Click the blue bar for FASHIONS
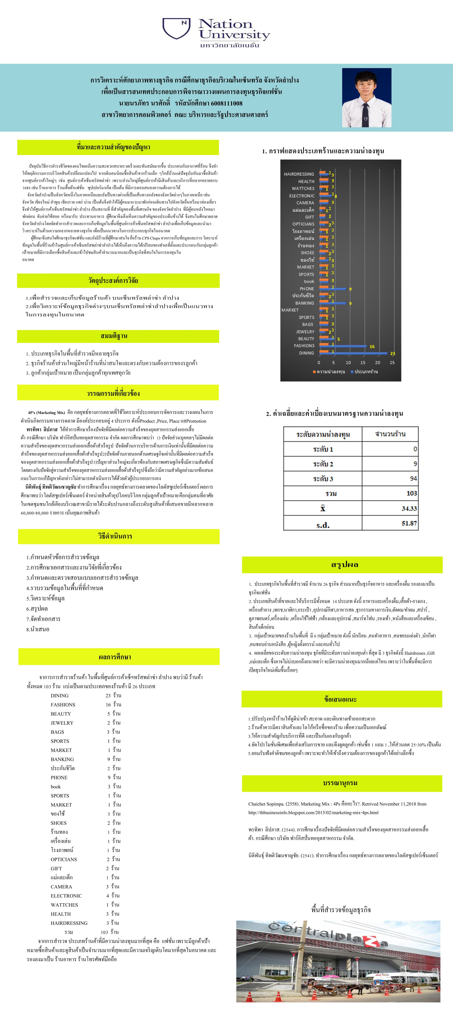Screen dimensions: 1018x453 point(343,346)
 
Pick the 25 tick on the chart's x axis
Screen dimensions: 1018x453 point(392,362)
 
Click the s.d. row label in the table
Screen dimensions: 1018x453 point(323,525)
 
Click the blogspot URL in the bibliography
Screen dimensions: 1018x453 point(313,813)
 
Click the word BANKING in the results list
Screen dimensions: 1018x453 point(62,759)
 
